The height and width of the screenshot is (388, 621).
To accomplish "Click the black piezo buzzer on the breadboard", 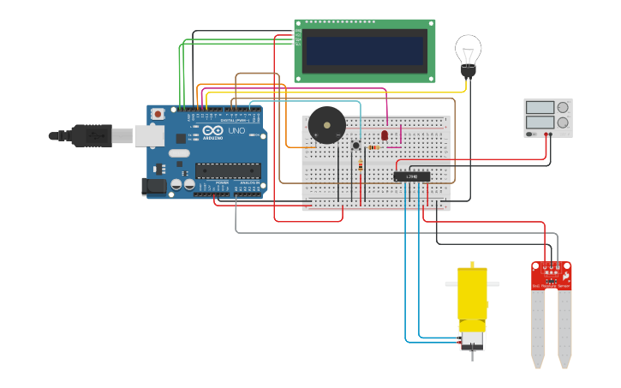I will click(x=326, y=125).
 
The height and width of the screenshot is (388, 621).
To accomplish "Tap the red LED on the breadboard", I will click(x=385, y=134).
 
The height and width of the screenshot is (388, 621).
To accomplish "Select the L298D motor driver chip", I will click(x=411, y=176).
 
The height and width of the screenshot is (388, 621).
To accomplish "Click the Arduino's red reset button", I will click(x=157, y=114).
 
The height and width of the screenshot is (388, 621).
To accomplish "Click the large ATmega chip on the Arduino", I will click(x=228, y=170).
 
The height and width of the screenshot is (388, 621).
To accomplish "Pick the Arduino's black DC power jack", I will click(x=154, y=186).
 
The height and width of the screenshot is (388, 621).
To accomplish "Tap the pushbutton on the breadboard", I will click(x=355, y=146).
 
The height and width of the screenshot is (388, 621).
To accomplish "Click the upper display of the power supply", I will click(x=540, y=108).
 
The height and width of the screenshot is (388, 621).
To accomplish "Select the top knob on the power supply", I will click(x=563, y=107).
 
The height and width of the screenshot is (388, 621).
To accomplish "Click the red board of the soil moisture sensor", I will click(x=551, y=275).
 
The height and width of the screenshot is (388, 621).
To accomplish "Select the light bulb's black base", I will click(x=468, y=72).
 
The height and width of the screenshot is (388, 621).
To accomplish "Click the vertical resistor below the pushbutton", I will click(x=361, y=166).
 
